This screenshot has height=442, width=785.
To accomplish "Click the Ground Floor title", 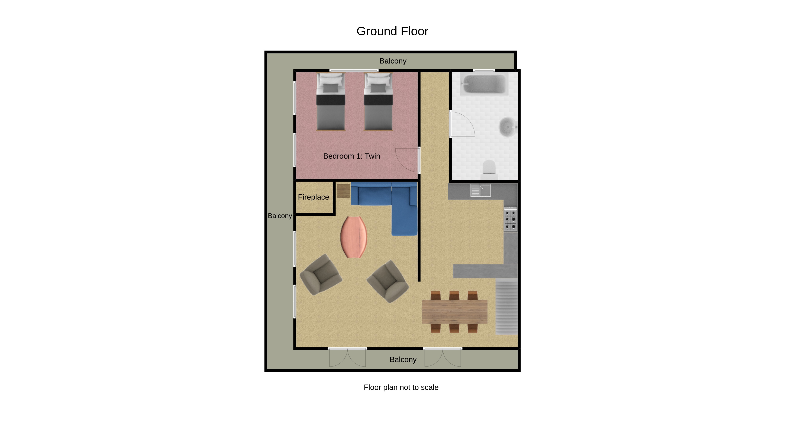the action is click(392, 31).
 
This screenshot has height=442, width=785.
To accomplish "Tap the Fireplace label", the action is click(314, 197).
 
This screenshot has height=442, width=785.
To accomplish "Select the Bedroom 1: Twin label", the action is click(352, 156).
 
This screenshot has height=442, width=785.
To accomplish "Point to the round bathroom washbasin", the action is click(508, 127).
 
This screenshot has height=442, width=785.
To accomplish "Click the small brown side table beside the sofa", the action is click(343, 191).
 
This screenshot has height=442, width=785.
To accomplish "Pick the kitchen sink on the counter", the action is click(481, 191).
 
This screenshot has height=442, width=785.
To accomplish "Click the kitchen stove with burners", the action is click(510, 219).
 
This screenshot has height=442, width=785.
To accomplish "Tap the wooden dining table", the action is click(455, 311).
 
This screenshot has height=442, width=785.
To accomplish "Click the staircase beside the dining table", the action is click(507, 307).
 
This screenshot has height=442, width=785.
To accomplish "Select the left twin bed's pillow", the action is click(331, 81).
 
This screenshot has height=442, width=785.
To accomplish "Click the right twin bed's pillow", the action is click(378, 81).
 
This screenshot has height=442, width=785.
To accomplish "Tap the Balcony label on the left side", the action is click(280, 216).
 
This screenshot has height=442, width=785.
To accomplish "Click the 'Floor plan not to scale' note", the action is click(401, 387).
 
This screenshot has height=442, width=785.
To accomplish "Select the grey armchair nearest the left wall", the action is click(321, 275).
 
